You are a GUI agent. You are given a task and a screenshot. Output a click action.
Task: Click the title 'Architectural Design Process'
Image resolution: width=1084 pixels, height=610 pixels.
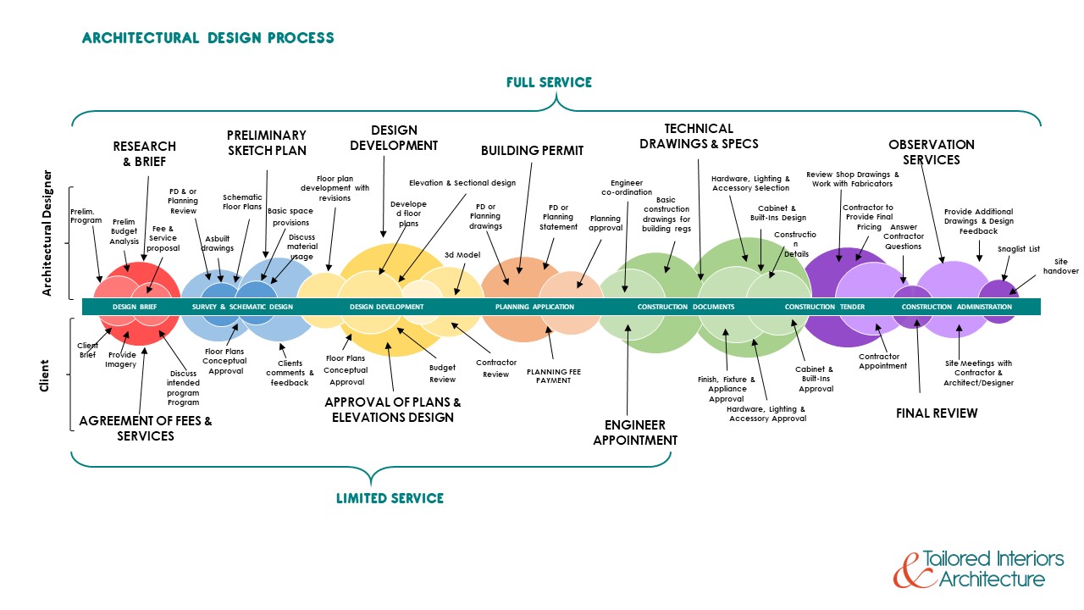207,38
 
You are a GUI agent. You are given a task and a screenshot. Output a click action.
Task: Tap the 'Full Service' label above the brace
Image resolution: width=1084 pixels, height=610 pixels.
549,82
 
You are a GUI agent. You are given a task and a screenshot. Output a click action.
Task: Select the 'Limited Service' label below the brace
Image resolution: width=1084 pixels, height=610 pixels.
390,498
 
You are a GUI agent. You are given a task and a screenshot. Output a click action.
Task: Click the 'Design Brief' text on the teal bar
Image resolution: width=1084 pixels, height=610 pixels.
135,307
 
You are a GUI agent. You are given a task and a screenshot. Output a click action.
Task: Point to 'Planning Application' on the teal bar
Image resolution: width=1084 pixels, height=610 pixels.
534,307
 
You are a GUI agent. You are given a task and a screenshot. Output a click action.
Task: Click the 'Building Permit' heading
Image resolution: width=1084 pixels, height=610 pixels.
532,151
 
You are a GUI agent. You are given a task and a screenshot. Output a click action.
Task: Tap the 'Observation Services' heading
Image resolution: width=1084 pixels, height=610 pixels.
931,152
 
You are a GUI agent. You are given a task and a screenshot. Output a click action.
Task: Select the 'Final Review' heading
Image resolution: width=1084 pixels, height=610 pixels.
937,413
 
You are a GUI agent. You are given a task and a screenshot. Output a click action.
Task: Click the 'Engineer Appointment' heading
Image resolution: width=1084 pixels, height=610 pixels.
634,432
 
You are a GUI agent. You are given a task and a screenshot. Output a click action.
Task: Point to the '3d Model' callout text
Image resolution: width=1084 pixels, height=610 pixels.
462,254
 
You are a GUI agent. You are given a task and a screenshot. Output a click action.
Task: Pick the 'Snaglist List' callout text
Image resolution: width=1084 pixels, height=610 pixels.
1018,249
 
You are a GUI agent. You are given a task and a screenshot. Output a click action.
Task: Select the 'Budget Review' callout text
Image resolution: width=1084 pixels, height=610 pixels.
442,374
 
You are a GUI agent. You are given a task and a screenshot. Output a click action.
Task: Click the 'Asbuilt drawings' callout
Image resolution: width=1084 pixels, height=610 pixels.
218,244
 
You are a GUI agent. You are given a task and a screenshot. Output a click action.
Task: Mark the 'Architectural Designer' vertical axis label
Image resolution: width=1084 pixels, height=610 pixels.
47,242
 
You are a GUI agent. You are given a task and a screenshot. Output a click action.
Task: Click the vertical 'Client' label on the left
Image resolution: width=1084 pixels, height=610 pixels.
45,376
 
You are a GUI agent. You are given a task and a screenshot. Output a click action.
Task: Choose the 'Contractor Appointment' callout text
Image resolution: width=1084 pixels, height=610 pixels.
882,362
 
